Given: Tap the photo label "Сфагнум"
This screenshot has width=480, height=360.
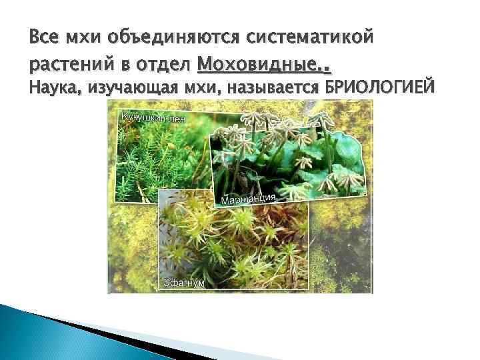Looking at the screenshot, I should pos(184,283).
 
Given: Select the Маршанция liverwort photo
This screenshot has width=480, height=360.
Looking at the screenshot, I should pos(293,160).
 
